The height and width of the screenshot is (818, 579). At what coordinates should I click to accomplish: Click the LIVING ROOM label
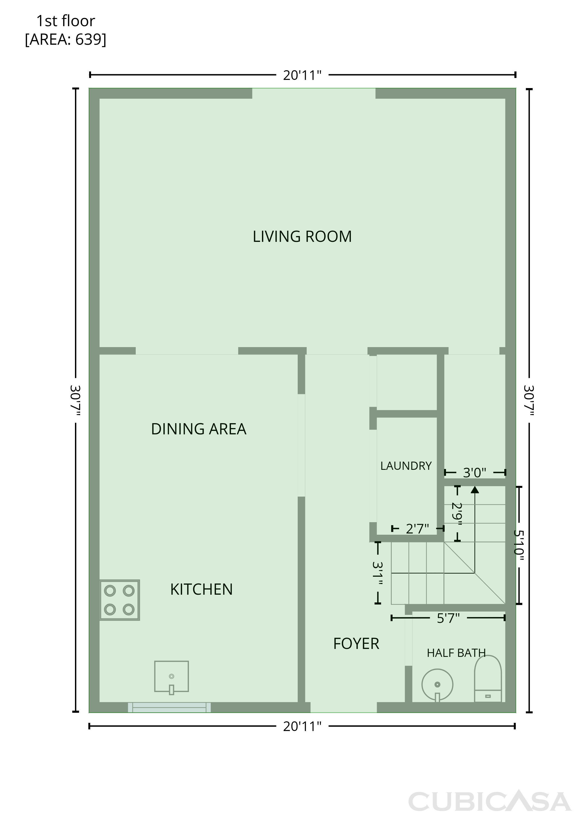(x=302, y=237)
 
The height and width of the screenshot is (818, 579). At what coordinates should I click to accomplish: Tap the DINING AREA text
(x=198, y=429)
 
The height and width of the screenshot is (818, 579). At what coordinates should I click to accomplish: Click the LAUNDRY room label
(x=406, y=466)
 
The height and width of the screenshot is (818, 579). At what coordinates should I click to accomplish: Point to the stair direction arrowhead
(x=475, y=490)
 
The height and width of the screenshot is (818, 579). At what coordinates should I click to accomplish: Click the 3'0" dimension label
(x=475, y=473)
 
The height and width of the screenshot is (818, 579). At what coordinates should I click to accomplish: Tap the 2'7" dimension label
(x=418, y=529)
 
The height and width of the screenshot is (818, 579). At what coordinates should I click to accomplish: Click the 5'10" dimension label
(x=519, y=545)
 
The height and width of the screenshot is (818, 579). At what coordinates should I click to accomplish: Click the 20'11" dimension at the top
(x=302, y=75)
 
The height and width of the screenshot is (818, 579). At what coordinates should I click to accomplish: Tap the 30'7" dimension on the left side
(x=76, y=400)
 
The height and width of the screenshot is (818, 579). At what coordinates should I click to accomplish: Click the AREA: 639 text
(x=66, y=39)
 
